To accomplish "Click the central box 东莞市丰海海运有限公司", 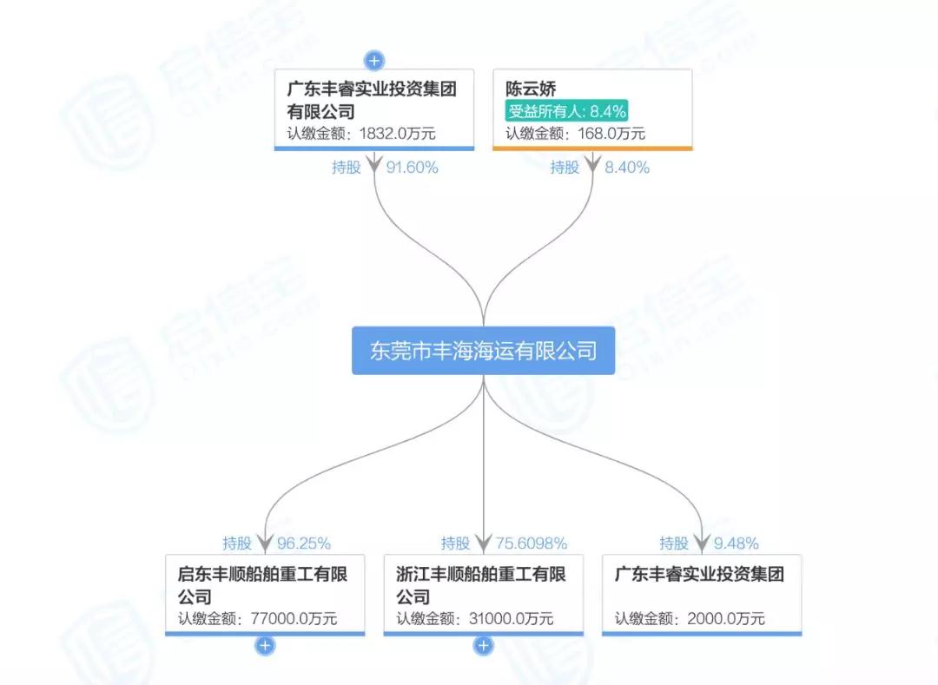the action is tap(484, 350).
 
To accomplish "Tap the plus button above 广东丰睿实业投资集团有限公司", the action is tap(374, 61).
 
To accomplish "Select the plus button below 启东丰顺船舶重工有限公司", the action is tap(265, 646).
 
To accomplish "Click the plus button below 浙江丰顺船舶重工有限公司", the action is tap(484, 646).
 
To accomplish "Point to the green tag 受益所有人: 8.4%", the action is tap(566, 110).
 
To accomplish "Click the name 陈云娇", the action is tap(531, 89).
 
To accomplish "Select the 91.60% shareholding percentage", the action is tap(413, 168).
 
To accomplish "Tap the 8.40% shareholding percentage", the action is tap(627, 168).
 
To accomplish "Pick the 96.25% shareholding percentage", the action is tap(304, 543).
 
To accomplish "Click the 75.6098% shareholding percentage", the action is tap(532, 543).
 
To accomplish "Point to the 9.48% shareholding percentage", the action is tap(737, 543).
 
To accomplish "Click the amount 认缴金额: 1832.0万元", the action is tap(361, 134).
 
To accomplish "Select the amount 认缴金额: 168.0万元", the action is tap(576, 134).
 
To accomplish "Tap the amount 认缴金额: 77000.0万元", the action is tap(258, 619).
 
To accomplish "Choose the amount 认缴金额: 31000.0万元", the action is tap(475, 619).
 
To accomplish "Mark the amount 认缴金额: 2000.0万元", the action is tap(690, 619).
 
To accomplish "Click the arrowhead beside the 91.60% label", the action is tap(374, 162).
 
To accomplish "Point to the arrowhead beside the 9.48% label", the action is tap(702, 543).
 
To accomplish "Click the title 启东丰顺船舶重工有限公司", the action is tap(262, 585).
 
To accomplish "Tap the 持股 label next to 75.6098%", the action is tap(455, 543).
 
